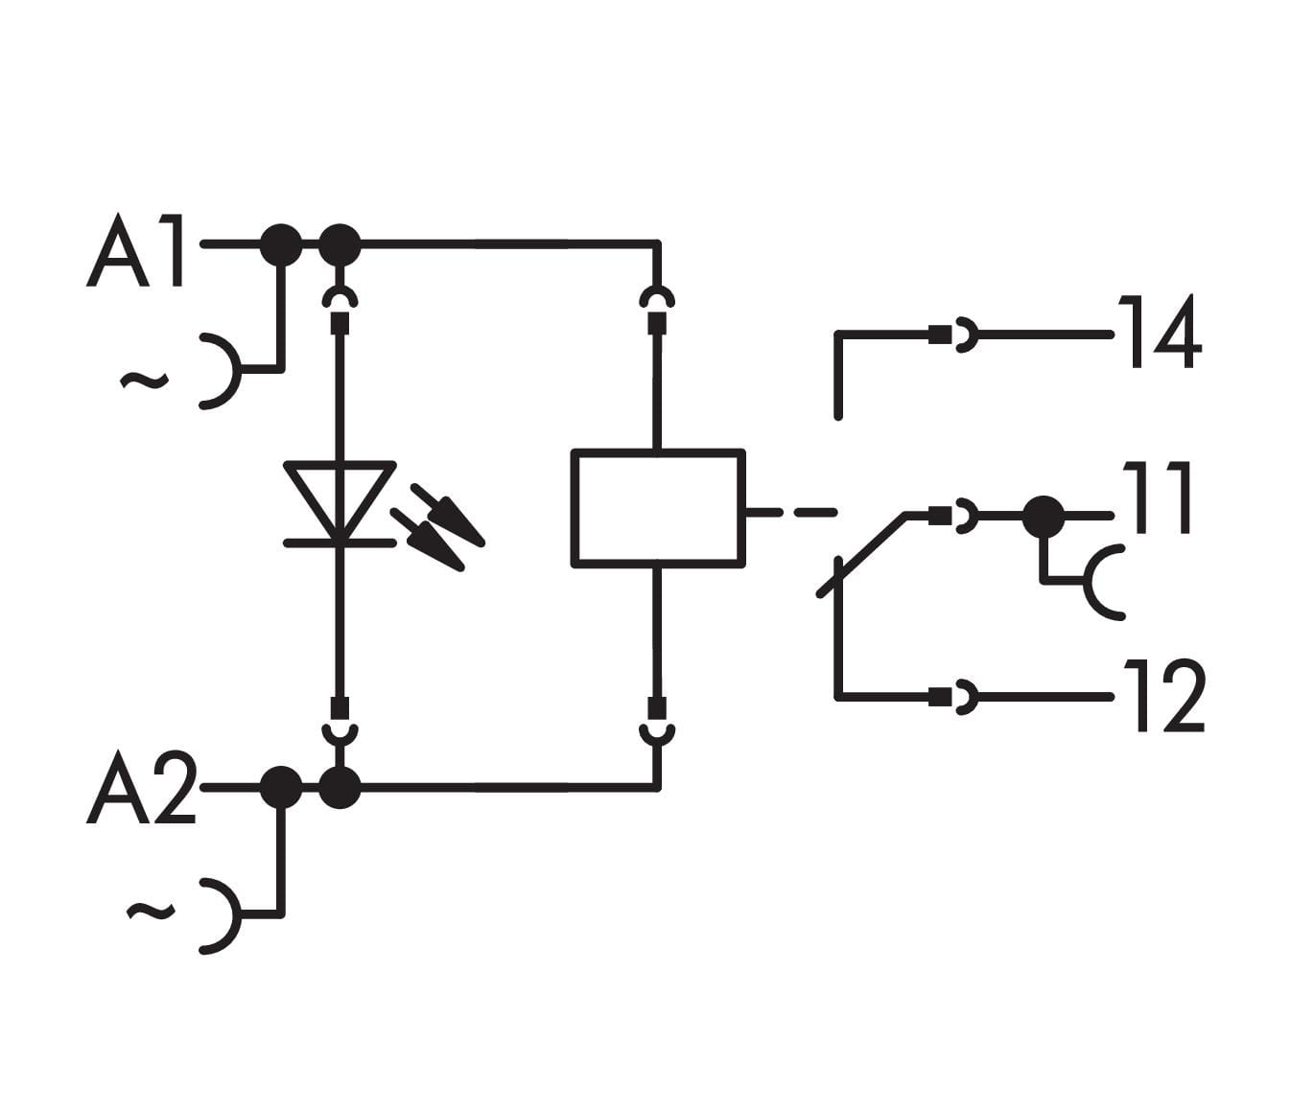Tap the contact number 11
1158,497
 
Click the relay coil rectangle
658,508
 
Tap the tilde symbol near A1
144,381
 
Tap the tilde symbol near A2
151,911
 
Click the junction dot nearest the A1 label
281,245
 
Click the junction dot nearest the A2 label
281,788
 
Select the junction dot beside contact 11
1043,518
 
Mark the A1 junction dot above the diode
340,245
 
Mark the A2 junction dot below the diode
340,788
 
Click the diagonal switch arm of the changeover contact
861,556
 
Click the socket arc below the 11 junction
1103,582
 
